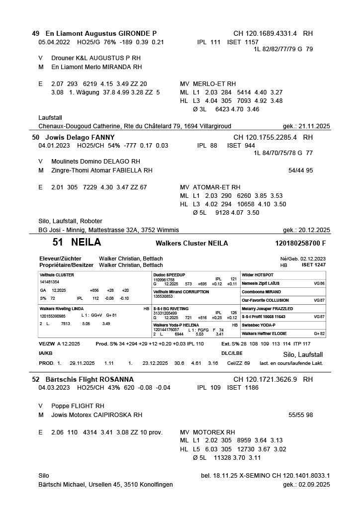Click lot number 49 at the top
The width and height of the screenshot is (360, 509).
click(x=35, y=34)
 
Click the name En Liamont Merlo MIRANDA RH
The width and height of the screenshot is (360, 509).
click(x=96, y=67)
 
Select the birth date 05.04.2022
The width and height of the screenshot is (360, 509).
click(x=55, y=42)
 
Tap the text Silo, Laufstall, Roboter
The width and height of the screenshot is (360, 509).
click(x=70, y=221)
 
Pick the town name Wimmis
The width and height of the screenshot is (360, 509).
click(x=168, y=230)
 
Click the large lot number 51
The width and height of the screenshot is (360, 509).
click(x=58, y=243)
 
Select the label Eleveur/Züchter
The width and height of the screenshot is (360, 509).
click(x=60, y=258)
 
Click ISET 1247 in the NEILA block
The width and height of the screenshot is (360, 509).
click(x=313, y=265)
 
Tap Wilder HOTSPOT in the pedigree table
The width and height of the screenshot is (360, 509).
click(x=258, y=275)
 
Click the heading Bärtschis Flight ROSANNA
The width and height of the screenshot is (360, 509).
click(x=83, y=379)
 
